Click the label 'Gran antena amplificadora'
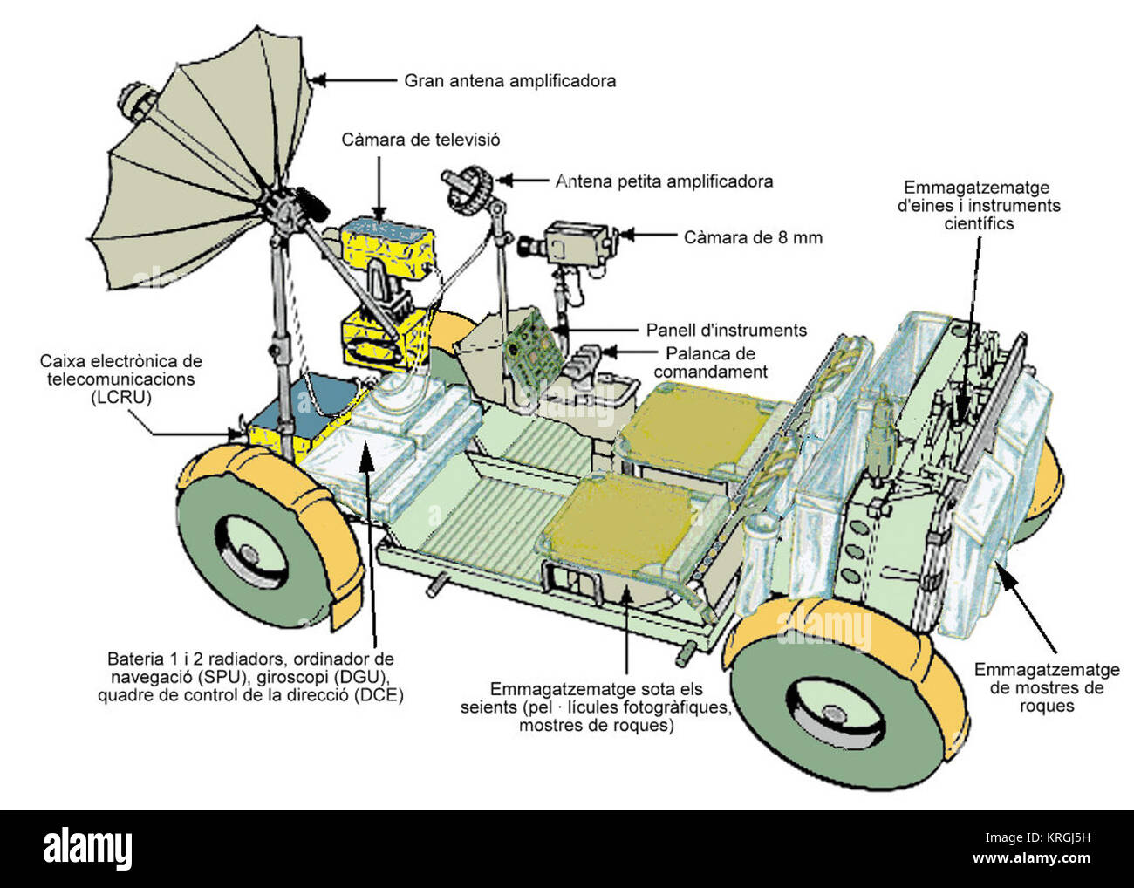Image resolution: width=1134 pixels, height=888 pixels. (509, 81)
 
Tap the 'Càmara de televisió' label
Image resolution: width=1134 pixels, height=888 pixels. (420, 140)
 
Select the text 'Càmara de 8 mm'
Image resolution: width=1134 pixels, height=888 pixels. (753, 238)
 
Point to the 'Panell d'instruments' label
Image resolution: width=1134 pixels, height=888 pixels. (727, 331)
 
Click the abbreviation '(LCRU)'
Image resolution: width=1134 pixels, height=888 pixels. (121, 398)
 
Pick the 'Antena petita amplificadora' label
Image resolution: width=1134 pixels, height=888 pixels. (664, 181)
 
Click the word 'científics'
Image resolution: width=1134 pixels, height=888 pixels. (979, 224)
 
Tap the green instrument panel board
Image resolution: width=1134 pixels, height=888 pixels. (533, 347)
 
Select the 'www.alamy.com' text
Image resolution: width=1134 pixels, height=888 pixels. (1031, 858)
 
